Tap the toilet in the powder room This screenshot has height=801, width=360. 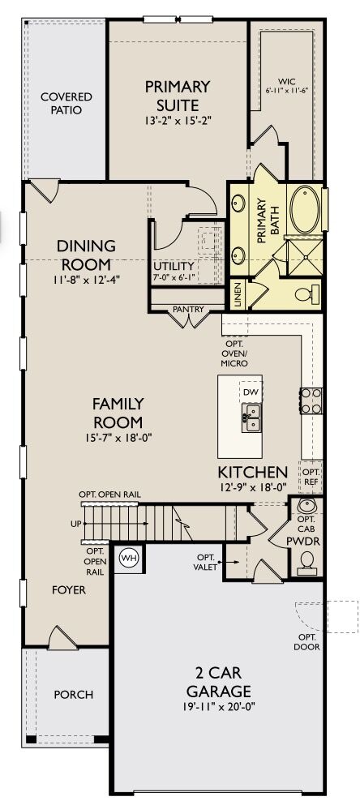[308, 559]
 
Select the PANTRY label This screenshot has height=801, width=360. [189, 309]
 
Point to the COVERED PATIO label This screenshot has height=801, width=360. [66, 104]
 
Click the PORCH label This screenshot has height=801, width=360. [73, 695]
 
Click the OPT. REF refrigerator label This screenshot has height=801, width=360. [311, 475]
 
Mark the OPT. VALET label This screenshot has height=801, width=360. [205, 562]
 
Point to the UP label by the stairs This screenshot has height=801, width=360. [75, 524]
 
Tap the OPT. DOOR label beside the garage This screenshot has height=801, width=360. [308, 642]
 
